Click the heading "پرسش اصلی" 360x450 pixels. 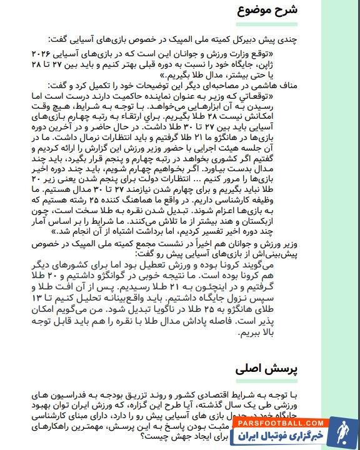(265, 368)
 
